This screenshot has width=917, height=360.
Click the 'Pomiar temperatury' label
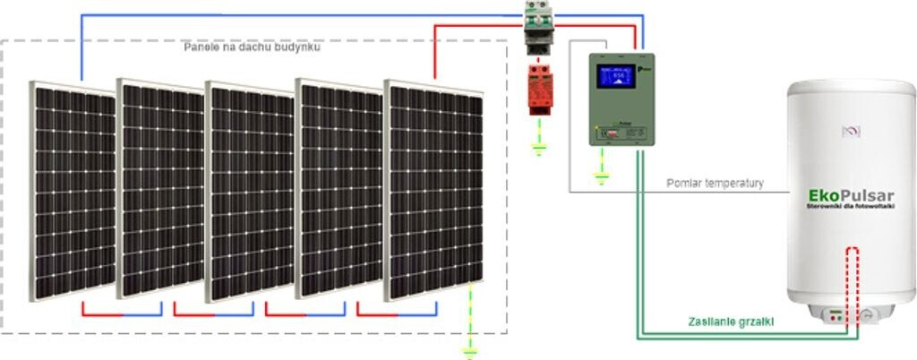[715, 184]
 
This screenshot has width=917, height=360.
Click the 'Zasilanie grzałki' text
[731, 321]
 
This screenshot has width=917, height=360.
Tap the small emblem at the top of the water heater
[851, 132]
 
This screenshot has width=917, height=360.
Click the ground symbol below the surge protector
[538, 147]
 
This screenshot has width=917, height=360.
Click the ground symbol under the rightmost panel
[467, 348]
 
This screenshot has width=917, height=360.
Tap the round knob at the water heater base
[868, 315]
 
